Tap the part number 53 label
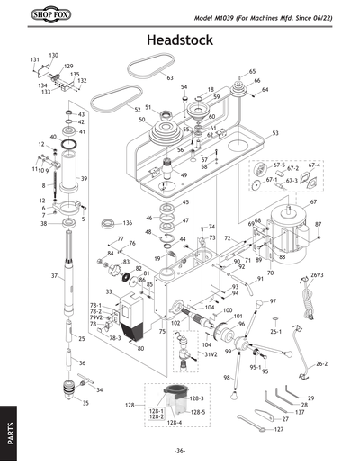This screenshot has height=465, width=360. [x=274, y=133]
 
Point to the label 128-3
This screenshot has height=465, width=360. [x=199, y=398]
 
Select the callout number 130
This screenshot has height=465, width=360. [x=53, y=55]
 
